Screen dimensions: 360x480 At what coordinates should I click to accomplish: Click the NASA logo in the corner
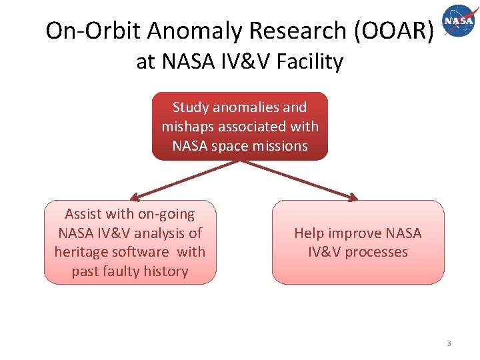(x=459, y=20)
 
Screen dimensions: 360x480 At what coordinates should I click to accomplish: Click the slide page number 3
(x=449, y=343)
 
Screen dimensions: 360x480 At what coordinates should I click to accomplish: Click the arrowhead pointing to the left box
(x=134, y=197)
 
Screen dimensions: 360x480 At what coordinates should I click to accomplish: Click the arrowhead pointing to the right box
(x=353, y=197)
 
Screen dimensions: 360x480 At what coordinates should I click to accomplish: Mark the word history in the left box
(x=167, y=271)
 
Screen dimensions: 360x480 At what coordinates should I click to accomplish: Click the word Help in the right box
(x=309, y=233)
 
